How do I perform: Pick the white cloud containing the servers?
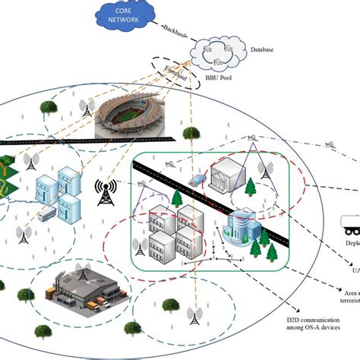point(226,54)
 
